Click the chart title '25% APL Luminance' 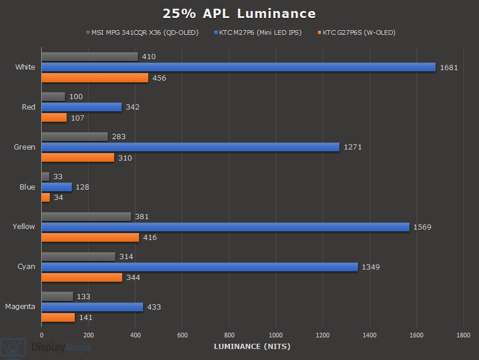pyautogui.click(x=239, y=13)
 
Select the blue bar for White pyautogui.click(x=238, y=67)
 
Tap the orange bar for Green pyautogui.click(x=78, y=158)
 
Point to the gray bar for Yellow pyautogui.click(x=86, y=216)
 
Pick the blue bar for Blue pyautogui.click(x=57, y=187)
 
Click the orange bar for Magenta pyautogui.click(x=58, y=317)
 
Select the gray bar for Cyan pyautogui.click(x=78, y=256)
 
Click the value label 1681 pyautogui.click(x=448, y=67)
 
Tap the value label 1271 pyautogui.click(x=352, y=147)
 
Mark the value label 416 pyautogui.click(x=149, y=238)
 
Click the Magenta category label pyautogui.click(x=20, y=307)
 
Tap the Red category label pyautogui.click(x=28, y=107)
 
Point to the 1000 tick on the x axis pyautogui.click(x=276, y=335)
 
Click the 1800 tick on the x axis pyautogui.click(x=463, y=335)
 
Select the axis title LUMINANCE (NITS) pyautogui.click(x=252, y=347)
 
